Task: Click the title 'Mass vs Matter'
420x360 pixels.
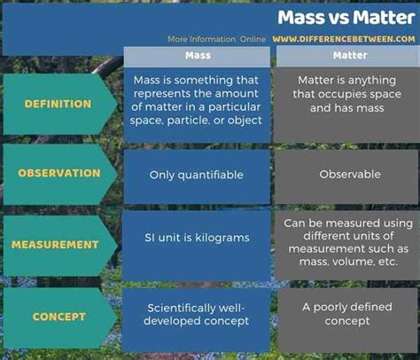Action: (346, 18)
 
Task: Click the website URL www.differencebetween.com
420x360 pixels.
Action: (344, 39)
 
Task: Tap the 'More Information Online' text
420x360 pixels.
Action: (217, 39)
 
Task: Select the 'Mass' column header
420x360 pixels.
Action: (198, 55)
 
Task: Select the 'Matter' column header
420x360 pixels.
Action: (350, 55)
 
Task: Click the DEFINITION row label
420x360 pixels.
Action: (58, 104)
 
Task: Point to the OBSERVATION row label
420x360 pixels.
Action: (59, 173)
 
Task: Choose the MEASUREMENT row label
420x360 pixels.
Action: (55, 245)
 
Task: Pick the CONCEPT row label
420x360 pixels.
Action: (59, 317)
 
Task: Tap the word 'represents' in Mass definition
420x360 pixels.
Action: (161, 94)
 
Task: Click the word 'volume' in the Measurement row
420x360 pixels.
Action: (354, 262)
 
